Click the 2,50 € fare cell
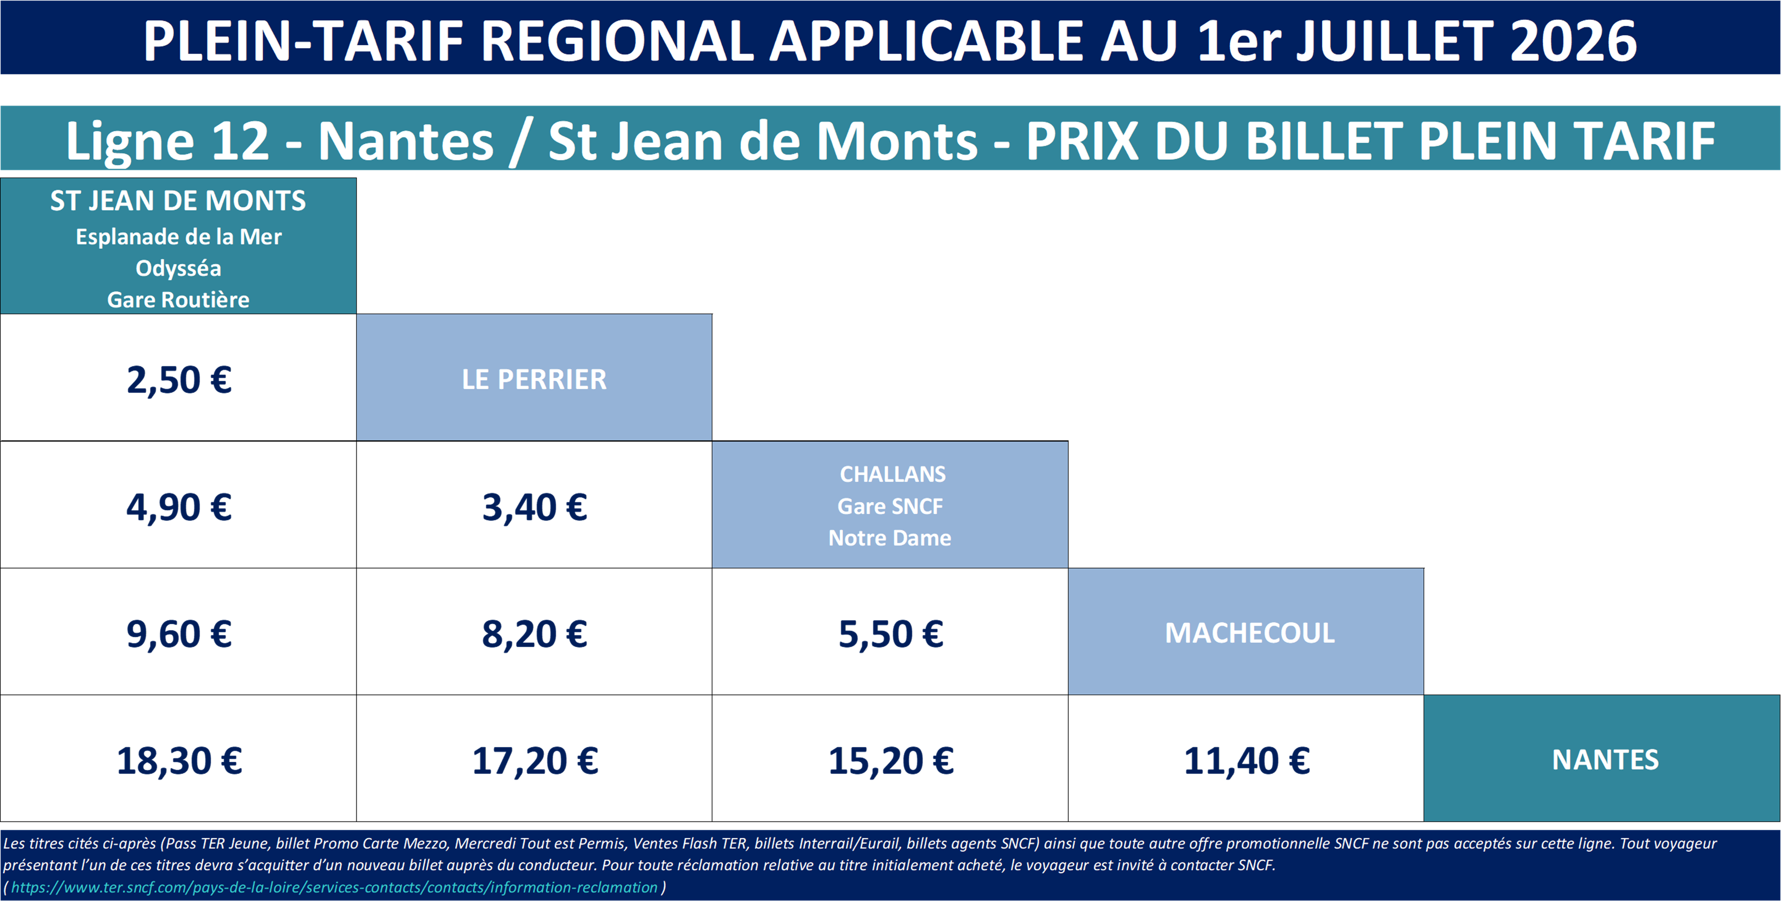179,380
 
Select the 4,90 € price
179,507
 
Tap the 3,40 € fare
534,507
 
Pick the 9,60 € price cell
179,634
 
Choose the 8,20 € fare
534,634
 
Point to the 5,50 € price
890,634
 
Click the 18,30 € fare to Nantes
179,760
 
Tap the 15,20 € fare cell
890,760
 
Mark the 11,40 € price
1247,760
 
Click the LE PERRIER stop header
534,379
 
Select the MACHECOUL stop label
1250,633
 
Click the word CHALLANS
892,474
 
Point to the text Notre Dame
890,538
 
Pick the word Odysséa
179,268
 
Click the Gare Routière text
179,299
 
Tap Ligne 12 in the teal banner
167,141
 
